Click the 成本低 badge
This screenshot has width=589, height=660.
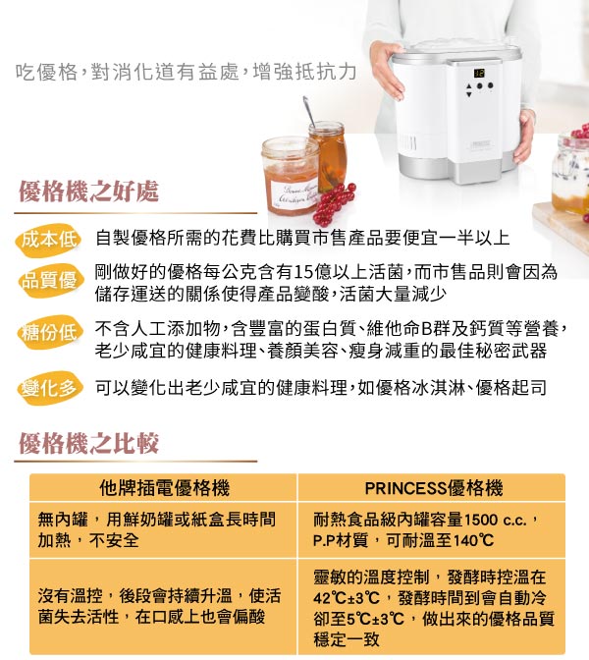pyautogui.click(x=49, y=240)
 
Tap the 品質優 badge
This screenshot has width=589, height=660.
pyautogui.click(x=49, y=280)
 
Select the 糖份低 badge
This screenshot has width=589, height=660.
pyautogui.click(x=49, y=333)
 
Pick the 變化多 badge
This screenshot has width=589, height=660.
pyautogui.click(x=49, y=388)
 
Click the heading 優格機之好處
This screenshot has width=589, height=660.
pyautogui.click(x=88, y=192)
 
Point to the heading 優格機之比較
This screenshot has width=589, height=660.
pyautogui.click(x=88, y=443)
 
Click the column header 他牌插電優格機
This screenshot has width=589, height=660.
pyautogui.click(x=165, y=488)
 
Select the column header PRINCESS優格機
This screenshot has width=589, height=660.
pyautogui.click(x=434, y=488)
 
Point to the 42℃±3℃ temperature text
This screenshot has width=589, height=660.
pyautogui.click(x=347, y=598)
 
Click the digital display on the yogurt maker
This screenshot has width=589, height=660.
pyautogui.click(x=479, y=74)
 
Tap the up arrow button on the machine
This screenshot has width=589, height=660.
pyautogui.click(x=469, y=85)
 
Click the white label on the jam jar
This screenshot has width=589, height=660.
pyautogui.click(x=294, y=194)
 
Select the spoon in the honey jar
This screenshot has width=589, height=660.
pyautogui.click(x=309, y=113)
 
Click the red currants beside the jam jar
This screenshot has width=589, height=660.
pyautogui.click(x=334, y=203)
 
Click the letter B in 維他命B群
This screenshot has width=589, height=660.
pyautogui.click(x=426, y=329)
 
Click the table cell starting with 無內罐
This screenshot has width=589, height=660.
pyautogui.click(x=156, y=529)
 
